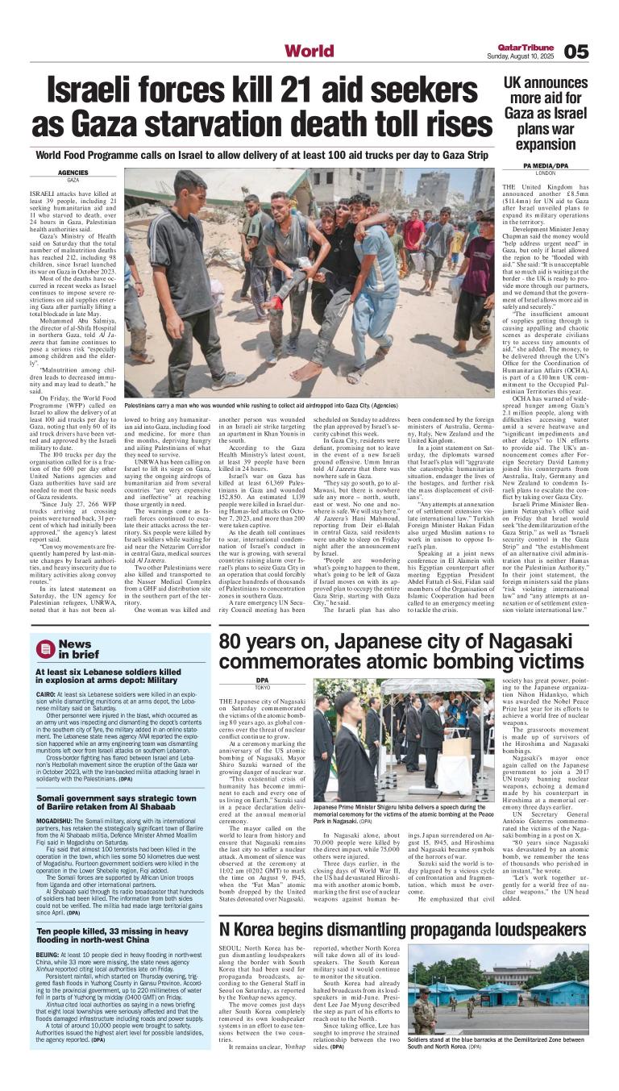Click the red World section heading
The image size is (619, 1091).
309,52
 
